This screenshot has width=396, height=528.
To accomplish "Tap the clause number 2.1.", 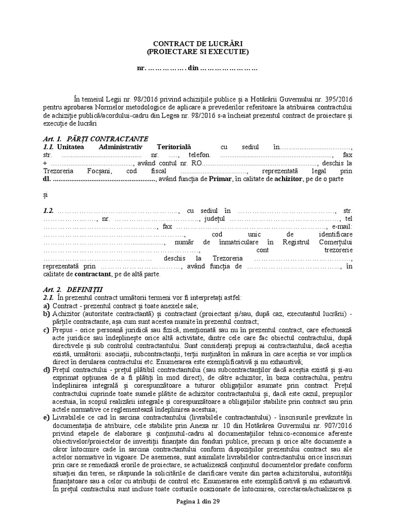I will tap(49, 298).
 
